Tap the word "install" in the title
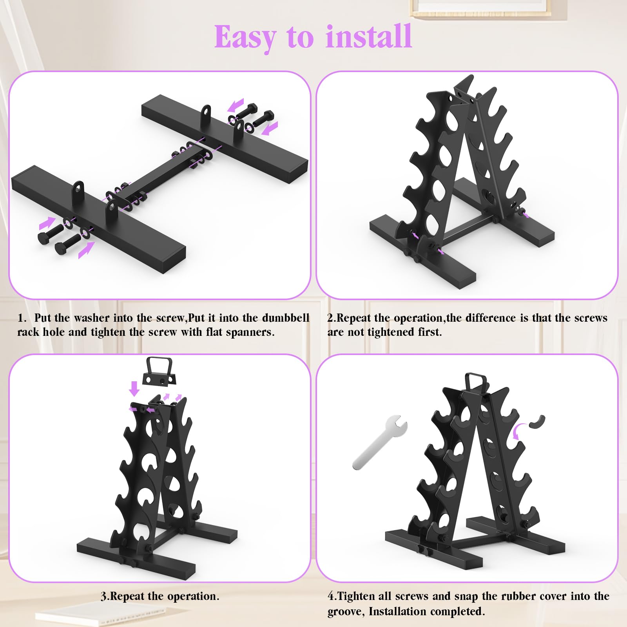369,36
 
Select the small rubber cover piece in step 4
536,422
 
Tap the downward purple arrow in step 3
134,388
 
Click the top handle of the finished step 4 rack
475,383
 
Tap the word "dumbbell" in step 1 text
286,317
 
